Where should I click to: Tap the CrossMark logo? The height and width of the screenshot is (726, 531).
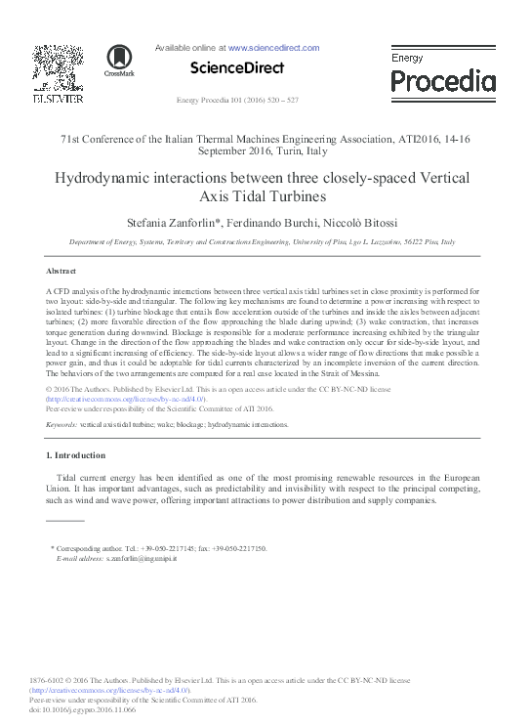[x=120, y=60]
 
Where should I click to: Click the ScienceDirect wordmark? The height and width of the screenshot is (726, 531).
[x=236, y=68]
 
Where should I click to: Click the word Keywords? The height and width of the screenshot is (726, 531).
[x=61, y=425]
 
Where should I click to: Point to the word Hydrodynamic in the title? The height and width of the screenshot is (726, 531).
[x=98, y=178]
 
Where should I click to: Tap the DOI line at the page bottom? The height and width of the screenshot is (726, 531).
[x=83, y=709]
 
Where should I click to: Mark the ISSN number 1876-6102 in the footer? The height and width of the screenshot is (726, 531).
[x=47, y=682]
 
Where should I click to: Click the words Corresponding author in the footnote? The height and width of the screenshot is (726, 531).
[x=93, y=549]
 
